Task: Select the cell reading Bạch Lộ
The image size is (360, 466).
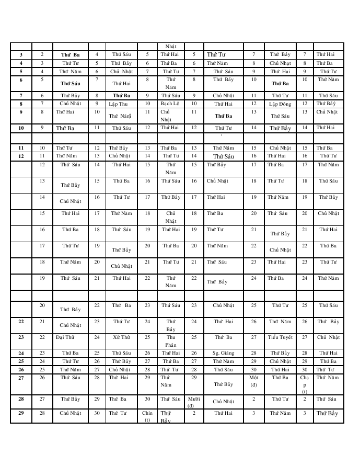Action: (170, 104)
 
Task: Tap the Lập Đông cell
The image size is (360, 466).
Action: (280, 104)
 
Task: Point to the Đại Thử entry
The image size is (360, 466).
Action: (65, 337)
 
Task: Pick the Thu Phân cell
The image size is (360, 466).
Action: (171, 341)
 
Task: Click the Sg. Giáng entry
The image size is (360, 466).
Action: (223, 353)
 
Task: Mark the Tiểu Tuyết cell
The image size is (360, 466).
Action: (280, 337)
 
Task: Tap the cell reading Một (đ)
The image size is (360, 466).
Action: (253, 381)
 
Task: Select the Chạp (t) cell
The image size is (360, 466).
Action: (305, 384)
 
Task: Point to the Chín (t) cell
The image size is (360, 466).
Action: (147, 416)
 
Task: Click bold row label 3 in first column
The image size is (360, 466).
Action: (21, 54)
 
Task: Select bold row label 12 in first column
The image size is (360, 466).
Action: (21, 156)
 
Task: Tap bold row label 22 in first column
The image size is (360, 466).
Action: (21, 322)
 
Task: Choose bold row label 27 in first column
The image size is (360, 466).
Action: (21, 377)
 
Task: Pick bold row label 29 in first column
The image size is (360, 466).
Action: (21, 413)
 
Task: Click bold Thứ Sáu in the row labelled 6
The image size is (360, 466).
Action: (70, 83)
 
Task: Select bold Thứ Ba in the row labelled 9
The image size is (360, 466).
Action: (223, 116)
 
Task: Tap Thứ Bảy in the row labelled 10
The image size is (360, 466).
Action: (280, 128)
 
